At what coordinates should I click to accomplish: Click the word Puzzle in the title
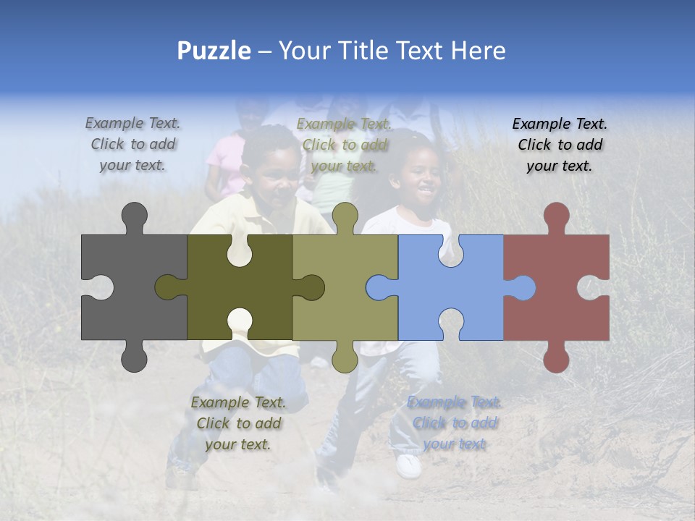pyautogui.click(x=214, y=51)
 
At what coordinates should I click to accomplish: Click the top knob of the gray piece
pyautogui.click(x=134, y=216)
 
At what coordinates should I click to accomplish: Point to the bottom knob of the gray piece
pyautogui.click(x=134, y=358)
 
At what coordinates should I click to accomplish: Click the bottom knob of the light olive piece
pyautogui.click(x=345, y=358)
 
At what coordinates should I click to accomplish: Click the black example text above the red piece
pyautogui.click(x=560, y=145)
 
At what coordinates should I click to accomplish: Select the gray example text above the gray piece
pyautogui.click(x=132, y=144)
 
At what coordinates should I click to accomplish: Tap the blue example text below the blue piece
pyautogui.click(x=455, y=423)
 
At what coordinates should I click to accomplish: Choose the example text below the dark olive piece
pyautogui.click(x=238, y=423)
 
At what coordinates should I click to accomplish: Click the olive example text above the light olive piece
pyautogui.click(x=344, y=145)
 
